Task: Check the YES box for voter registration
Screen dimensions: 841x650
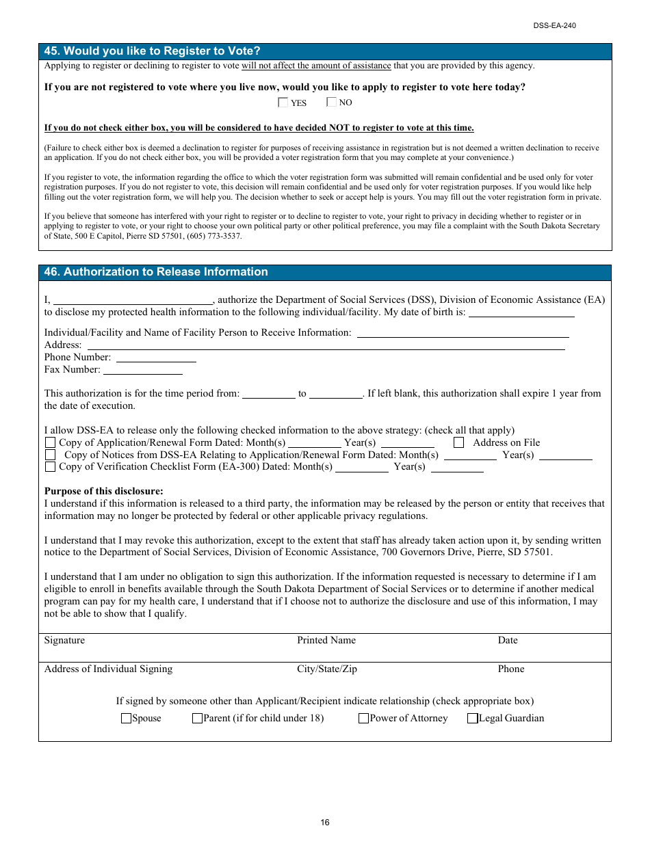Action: tap(283, 103)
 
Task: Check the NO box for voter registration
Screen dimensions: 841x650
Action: tap(331, 103)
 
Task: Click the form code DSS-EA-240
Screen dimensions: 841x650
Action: tap(555, 26)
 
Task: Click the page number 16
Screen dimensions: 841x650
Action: tap(325, 823)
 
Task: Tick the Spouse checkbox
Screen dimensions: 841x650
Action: tap(126, 719)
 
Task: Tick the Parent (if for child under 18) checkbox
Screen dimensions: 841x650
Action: tap(197, 719)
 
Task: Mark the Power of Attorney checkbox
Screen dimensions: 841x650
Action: tap(364, 719)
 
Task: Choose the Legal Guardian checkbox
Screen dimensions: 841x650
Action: tap(473, 719)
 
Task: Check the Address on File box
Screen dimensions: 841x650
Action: tap(458, 443)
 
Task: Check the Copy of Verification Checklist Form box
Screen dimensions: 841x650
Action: tap(50, 467)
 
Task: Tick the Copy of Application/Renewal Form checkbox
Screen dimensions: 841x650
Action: tap(50, 443)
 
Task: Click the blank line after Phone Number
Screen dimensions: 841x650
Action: tap(156, 358)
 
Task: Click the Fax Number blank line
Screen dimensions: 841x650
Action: tap(142, 371)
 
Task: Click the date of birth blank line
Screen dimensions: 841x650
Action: tap(521, 313)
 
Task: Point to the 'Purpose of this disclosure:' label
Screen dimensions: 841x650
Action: tap(104, 492)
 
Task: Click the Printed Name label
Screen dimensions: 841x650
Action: tap(326, 641)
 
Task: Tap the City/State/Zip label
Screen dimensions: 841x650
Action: tap(327, 669)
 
